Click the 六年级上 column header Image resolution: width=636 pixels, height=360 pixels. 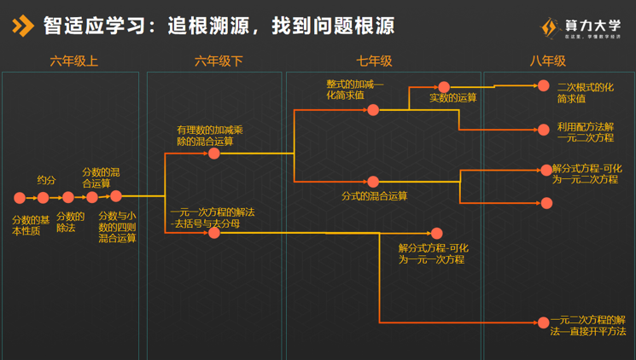coord(74,61)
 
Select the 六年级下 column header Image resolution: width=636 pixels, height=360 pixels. coord(219,61)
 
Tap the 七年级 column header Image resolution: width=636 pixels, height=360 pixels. coord(374,61)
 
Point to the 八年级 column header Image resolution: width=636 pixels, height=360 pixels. coord(547,61)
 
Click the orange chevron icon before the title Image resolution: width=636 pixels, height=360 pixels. coord(23,26)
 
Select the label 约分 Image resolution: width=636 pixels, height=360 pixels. coord(46,180)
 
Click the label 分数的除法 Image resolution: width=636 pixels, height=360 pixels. coord(70,222)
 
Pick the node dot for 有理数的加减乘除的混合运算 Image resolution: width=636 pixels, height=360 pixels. coord(214,154)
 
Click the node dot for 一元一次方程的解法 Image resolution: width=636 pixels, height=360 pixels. coord(214,232)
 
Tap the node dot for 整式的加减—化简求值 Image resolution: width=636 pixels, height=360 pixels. coord(373,110)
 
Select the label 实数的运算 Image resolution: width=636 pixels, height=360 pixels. coord(453,98)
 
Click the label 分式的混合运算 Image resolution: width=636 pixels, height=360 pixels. coord(375,196)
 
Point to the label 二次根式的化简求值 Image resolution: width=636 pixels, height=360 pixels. coord(585,93)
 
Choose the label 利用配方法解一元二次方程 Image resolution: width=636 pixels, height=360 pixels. coord(586,131)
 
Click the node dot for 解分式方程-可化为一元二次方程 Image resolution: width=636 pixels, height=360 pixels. coord(546,171)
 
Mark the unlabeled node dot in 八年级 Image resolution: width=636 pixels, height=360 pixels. coord(547,204)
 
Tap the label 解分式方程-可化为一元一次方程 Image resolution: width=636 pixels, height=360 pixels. coord(433,253)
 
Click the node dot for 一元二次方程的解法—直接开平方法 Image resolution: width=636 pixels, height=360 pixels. coord(543,322)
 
